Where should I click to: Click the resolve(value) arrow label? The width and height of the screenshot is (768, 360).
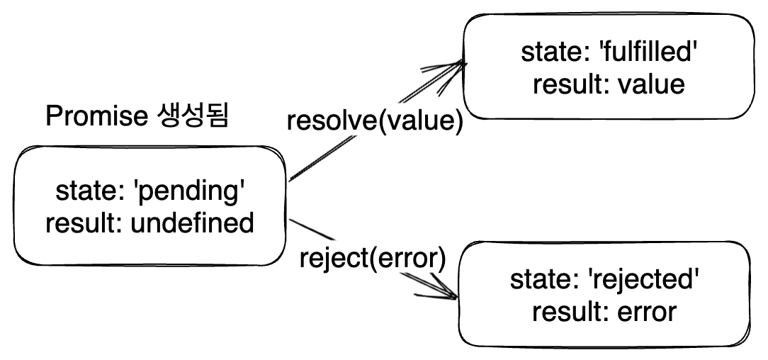375,120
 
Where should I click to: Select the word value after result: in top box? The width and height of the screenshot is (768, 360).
651,84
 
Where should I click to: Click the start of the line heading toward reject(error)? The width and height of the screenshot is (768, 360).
290,223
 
